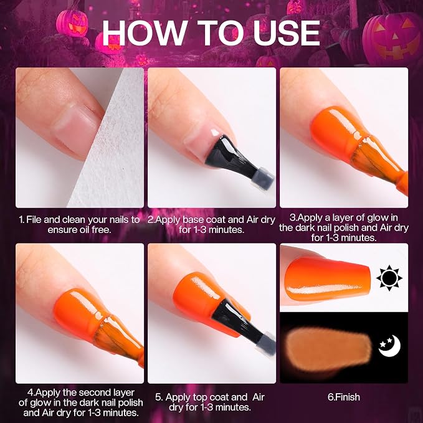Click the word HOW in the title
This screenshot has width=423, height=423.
(x=144, y=32)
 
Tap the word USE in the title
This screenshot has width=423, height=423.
(x=286, y=32)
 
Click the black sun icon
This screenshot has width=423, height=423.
(x=389, y=278)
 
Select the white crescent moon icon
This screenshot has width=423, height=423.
(x=390, y=346)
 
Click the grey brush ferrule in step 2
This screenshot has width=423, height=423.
(x=262, y=179)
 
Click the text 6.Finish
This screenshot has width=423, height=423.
(x=344, y=397)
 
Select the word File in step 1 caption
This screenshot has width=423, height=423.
(x=34, y=219)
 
